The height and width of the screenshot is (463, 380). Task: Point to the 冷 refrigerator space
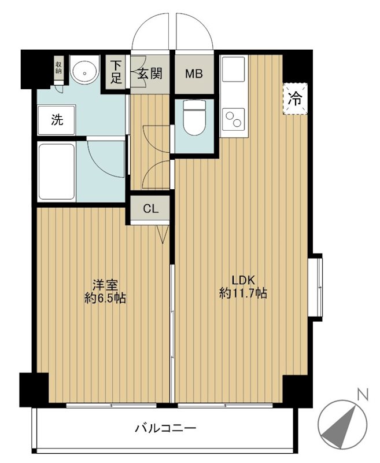[x=295, y=100]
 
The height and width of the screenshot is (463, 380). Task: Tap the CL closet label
[x=150, y=210]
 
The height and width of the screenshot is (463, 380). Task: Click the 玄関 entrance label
[x=149, y=74]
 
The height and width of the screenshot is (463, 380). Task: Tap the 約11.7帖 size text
[x=243, y=293]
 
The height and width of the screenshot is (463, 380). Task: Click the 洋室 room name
[x=105, y=285]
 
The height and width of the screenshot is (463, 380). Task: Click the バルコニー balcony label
[x=165, y=428]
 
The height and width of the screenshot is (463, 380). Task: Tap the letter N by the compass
[x=362, y=396]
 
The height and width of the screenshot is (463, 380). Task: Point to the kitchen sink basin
[x=234, y=74]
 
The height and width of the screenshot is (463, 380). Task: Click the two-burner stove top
[x=234, y=119]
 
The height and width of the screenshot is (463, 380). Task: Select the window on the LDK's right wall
[x=315, y=286]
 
